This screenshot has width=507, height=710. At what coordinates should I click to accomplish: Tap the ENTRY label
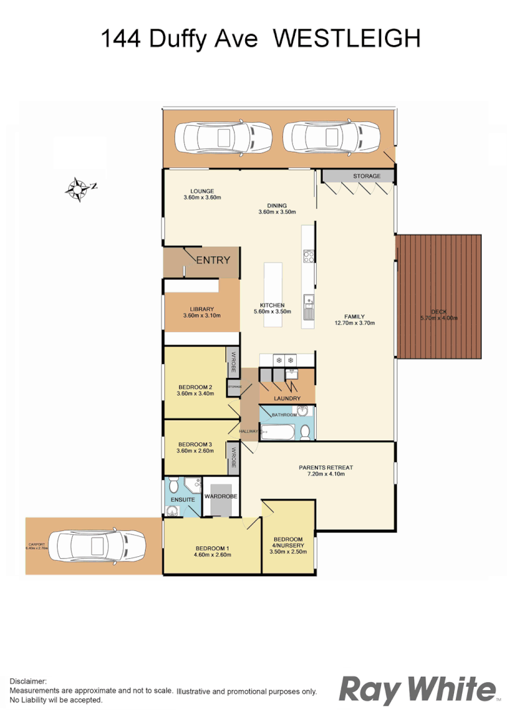[213, 260]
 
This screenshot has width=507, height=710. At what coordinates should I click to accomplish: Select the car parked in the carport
[95, 546]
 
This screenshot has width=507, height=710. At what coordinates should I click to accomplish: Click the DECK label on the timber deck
[439, 311]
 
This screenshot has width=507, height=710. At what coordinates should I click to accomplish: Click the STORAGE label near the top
[366, 176]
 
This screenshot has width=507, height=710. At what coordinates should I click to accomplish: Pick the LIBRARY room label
[201, 309]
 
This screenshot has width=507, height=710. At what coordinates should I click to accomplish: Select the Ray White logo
[418, 689]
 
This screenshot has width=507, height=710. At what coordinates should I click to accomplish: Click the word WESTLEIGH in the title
[347, 39]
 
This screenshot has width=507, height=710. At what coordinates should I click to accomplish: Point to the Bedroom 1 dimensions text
[212, 556]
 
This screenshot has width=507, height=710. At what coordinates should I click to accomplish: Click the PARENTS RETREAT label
[325, 467]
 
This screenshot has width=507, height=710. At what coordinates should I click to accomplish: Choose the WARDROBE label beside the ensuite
[221, 496]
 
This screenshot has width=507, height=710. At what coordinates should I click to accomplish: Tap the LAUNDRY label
[287, 398]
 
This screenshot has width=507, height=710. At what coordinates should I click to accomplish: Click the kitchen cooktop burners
[308, 255]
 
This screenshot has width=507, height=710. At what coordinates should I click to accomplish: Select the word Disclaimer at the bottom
[28, 681]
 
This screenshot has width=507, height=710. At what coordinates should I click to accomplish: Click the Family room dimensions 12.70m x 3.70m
[355, 324]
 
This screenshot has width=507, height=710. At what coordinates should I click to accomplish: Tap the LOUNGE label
[201, 191]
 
